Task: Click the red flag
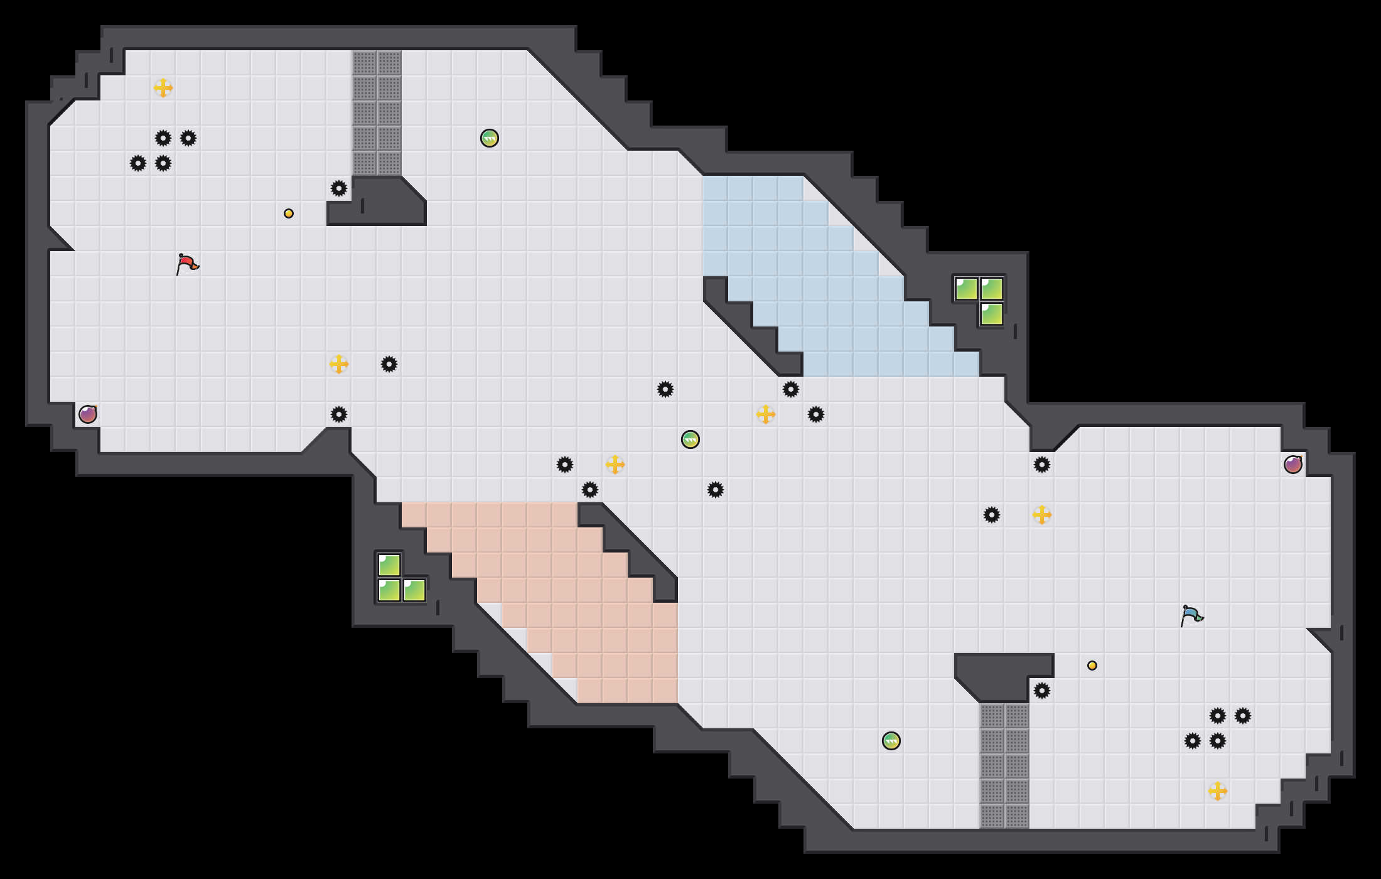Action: pyautogui.click(x=187, y=264)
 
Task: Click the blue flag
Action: pyautogui.click(x=1191, y=615)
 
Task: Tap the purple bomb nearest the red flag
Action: pyautogui.click(x=88, y=414)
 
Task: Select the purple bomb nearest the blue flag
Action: pyautogui.click(x=1293, y=465)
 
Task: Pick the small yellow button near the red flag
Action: pyautogui.click(x=289, y=213)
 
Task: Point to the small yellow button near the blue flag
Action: pyautogui.click(x=1092, y=666)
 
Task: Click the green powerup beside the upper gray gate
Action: pyautogui.click(x=490, y=138)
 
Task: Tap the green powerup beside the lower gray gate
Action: pyautogui.click(x=891, y=741)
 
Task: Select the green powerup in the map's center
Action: pyautogui.click(x=690, y=439)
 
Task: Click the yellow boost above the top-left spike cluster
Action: pyautogui.click(x=163, y=88)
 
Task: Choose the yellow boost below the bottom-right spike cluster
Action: pyautogui.click(x=1218, y=791)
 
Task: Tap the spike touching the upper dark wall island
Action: pyautogui.click(x=339, y=188)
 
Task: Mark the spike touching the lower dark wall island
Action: pyautogui.click(x=1042, y=691)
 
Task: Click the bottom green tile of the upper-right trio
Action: pyautogui.click(x=992, y=314)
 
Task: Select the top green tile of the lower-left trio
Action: pyautogui.click(x=389, y=565)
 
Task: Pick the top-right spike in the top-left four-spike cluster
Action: pyautogui.click(x=188, y=138)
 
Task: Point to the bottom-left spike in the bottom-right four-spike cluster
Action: pyautogui.click(x=1193, y=741)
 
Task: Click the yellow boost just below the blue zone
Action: pyautogui.click(x=766, y=414)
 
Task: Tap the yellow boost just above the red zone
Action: pyautogui.click(x=615, y=465)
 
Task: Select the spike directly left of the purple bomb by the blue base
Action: pyautogui.click(x=1042, y=465)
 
